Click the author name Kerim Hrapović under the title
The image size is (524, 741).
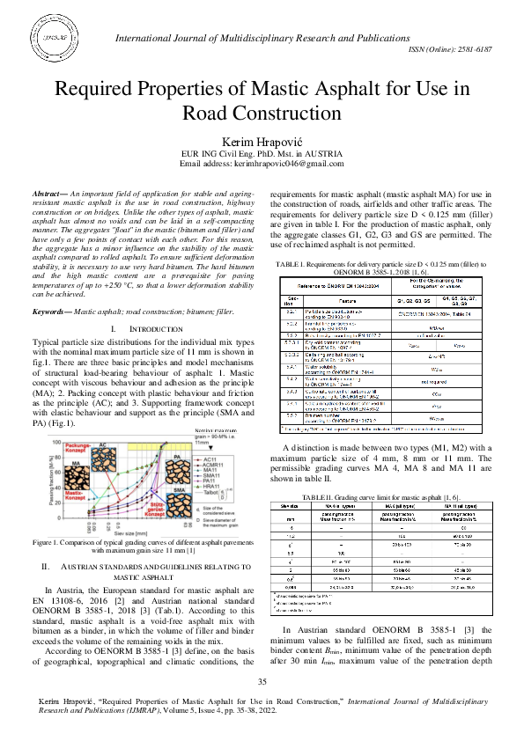click(x=262, y=142)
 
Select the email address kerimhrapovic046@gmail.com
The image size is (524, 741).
click(x=287, y=164)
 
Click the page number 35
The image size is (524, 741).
click(x=262, y=683)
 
